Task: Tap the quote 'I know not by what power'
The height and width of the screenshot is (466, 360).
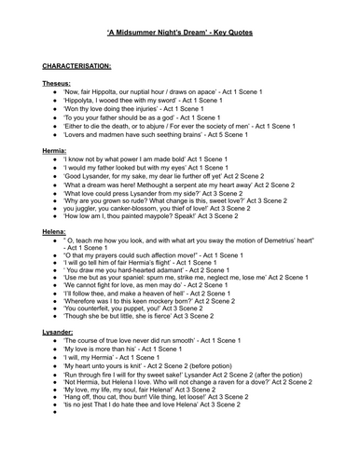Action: pos(135,160)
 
